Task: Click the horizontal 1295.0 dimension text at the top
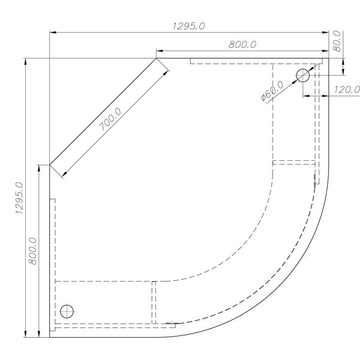click(x=189, y=26)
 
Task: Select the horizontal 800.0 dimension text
click(x=242, y=44)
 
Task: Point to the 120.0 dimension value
click(x=347, y=90)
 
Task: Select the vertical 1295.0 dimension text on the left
click(x=20, y=199)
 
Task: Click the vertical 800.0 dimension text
click(x=34, y=251)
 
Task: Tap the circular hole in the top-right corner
click(x=302, y=76)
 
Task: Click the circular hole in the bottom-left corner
click(x=67, y=311)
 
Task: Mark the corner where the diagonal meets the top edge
click(x=157, y=58)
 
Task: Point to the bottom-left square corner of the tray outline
click(x=50, y=337)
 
